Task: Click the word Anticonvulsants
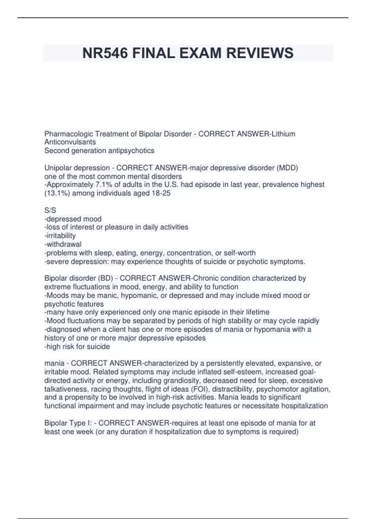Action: (70, 142)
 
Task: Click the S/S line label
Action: (50, 210)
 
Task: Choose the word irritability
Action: (60, 236)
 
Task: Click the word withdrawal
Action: (63, 244)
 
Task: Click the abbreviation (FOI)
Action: (200, 389)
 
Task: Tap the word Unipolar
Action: (58, 168)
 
